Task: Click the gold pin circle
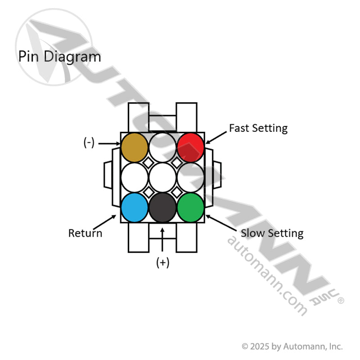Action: click(135, 146)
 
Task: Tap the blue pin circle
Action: click(135, 207)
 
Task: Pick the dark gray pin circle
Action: click(162, 207)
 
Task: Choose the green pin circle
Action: click(191, 207)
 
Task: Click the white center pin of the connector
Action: click(162, 177)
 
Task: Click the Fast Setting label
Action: click(258, 128)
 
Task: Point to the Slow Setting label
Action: click(272, 233)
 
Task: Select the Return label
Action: click(85, 233)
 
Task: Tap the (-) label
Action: click(89, 143)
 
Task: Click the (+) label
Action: click(162, 263)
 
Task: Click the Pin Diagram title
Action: click(59, 57)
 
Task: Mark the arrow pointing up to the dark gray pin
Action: click(162, 238)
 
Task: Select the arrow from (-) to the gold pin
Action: click(109, 144)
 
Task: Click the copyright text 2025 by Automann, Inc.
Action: click(292, 346)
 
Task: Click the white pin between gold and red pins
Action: click(162, 146)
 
